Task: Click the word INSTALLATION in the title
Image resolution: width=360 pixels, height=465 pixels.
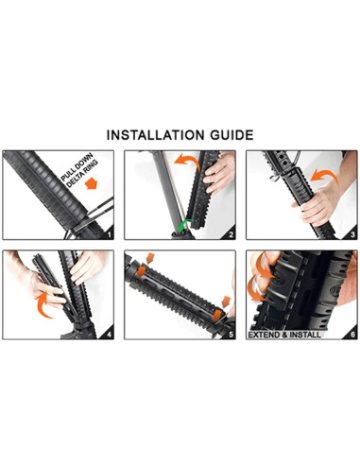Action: (153, 134)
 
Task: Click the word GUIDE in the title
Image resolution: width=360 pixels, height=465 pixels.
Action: (229, 134)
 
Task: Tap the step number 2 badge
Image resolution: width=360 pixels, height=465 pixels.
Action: (230, 232)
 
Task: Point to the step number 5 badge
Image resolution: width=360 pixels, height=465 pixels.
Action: (230, 335)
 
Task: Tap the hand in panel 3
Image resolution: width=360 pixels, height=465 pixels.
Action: (323, 200)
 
